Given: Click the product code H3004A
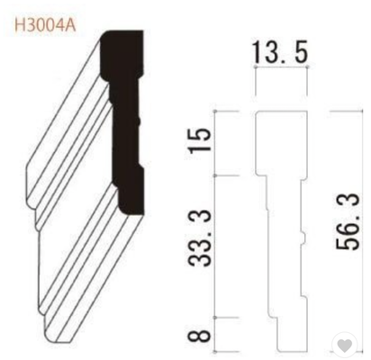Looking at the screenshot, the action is click(45, 25).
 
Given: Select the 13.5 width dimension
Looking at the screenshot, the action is click(280, 52).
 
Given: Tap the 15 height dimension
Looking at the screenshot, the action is click(199, 140).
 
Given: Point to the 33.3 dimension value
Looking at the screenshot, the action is click(199, 238).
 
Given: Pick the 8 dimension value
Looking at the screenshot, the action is click(199, 335).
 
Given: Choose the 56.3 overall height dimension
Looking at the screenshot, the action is click(348, 221).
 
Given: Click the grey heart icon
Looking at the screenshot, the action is click(345, 346).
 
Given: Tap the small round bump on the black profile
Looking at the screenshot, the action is click(139, 121).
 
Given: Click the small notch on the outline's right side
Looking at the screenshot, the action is click(303, 238).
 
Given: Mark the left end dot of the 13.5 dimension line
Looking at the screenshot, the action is click(256, 66).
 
